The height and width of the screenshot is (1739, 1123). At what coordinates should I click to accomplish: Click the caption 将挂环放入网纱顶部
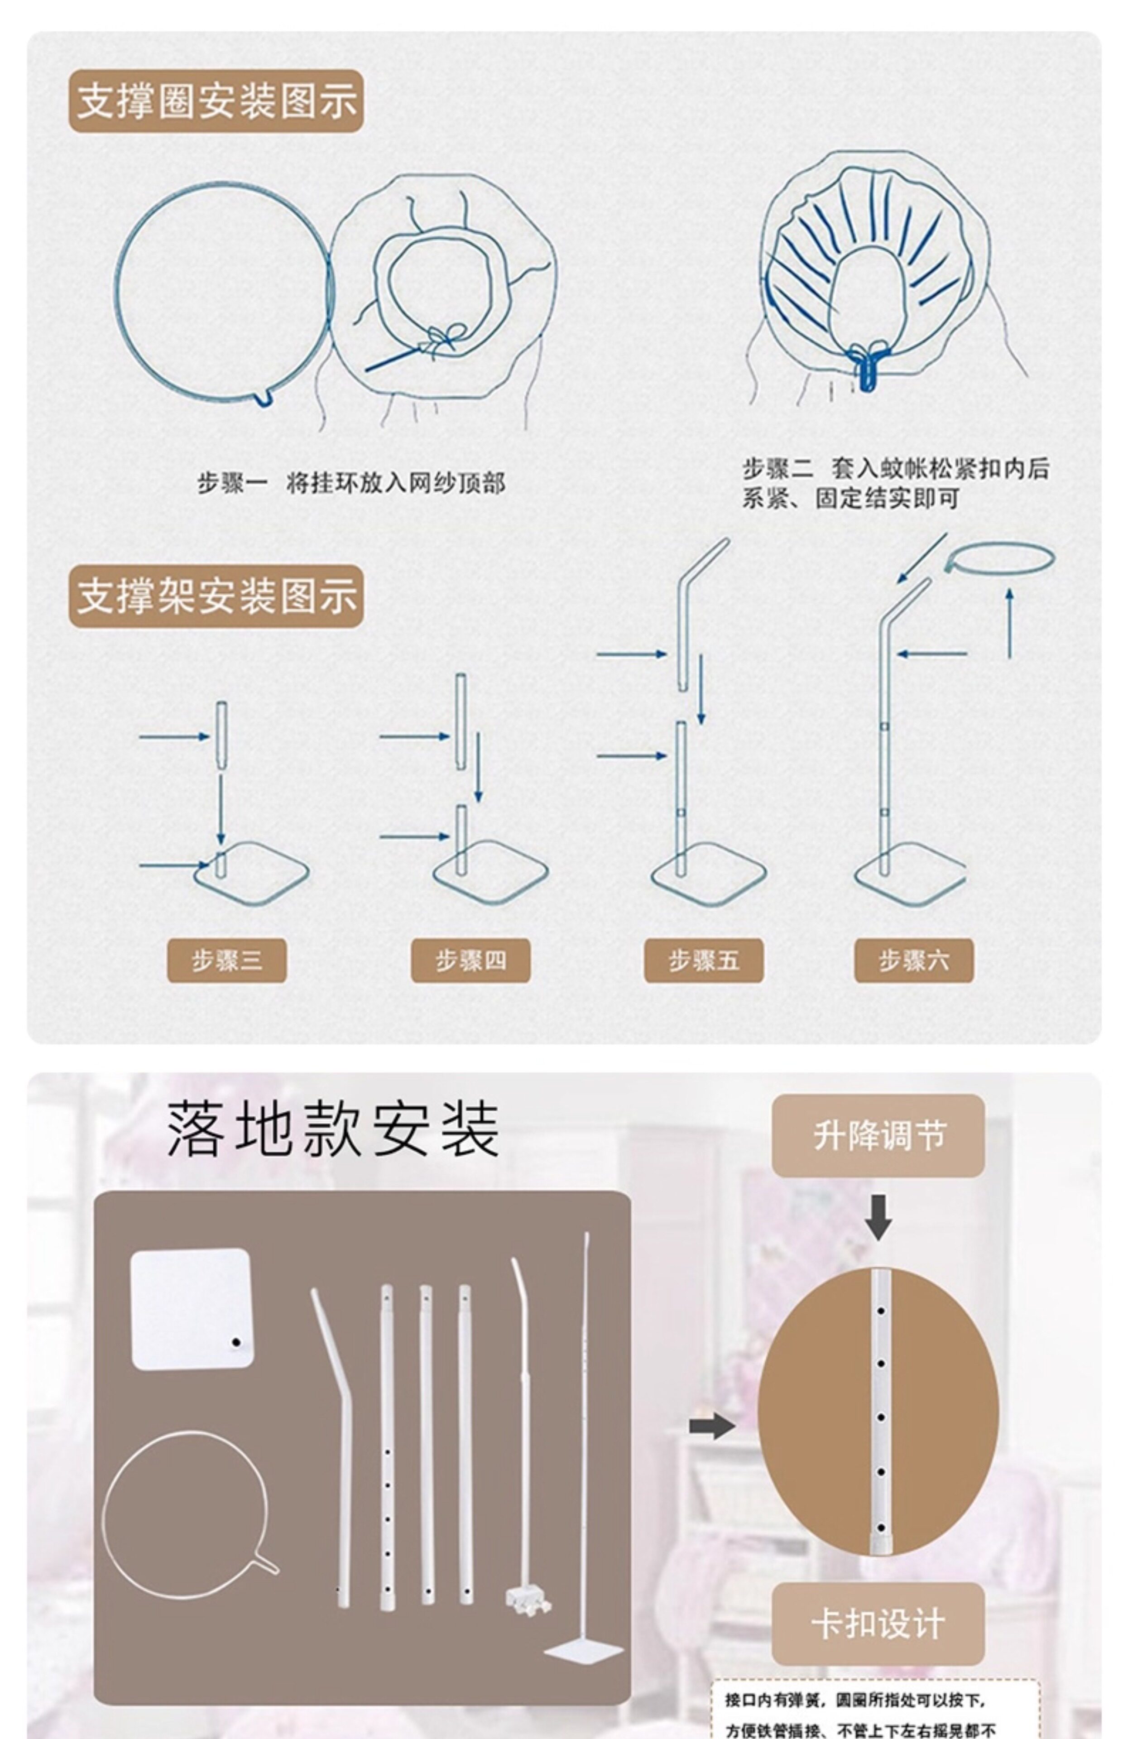tap(395, 483)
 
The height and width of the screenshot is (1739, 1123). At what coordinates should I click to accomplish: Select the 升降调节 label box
tap(878, 1135)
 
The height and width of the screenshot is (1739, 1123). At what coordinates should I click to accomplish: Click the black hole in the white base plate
tap(235, 1342)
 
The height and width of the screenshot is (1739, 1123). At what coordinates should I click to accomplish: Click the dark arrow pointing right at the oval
tap(711, 1426)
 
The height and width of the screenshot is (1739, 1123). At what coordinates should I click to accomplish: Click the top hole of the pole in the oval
tap(881, 1310)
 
